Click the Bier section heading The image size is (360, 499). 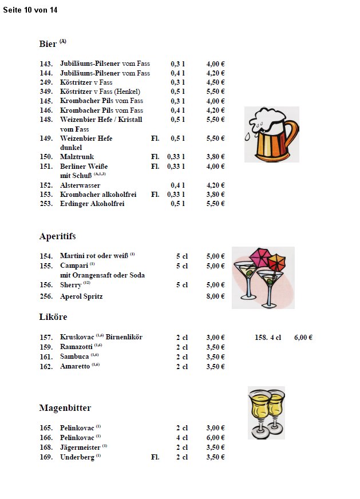(x=48, y=44)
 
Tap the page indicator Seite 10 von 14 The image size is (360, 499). (x=30, y=10)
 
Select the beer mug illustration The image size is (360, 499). (x=272, y=134)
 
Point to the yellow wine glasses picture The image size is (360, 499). (x=266, y=413)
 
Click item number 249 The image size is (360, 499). (x=46, y=82)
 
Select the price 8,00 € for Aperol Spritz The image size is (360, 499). (x=215, y=296)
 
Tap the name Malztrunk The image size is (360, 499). (x=77, y=157)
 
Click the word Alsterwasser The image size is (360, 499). (x=80, y=185)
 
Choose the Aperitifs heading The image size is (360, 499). (x=57, y=236)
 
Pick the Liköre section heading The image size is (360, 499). (x=53, y=317)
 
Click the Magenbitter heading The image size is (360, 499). (x=65, y=408)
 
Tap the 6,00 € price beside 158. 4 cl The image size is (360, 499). (x=303, y=338)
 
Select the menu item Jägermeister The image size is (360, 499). (x=80, y=447)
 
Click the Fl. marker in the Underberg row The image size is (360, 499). (x=155, y=457)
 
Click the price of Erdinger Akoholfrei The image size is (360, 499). (x=215, y=204)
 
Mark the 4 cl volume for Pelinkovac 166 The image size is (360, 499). (x=182, y=438)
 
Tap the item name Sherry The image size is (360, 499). (x=71, y=285)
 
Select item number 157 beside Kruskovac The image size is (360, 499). (x=46, y=338)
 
